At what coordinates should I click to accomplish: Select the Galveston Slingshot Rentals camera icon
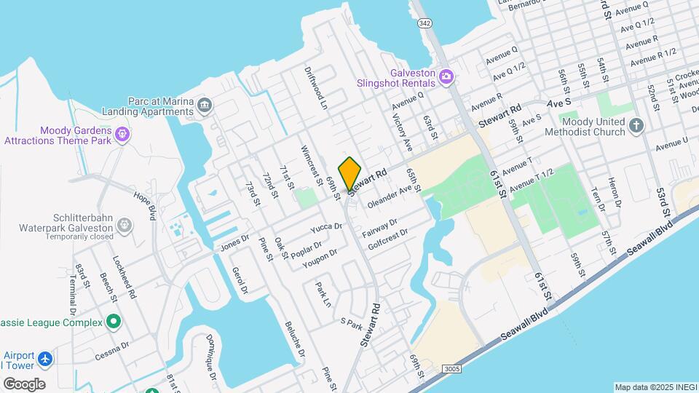pyautogui.click(x=446, y=75)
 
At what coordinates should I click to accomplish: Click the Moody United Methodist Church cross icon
pyautogui.click(x=636, y=125)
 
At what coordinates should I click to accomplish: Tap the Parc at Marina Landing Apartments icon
pyautogui.click(x=205, y=106)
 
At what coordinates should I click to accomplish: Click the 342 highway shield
pyautogui.click(x=425, y=24)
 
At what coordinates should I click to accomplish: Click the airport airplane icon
pyautogui.click(x=46, y=359)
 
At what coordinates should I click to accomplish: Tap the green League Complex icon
pyautogui.click(x=113, y=321)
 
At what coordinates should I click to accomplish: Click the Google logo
pyautogui.click(x=24, y=384)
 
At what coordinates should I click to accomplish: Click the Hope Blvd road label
pyautogui.click(x=146, y=206)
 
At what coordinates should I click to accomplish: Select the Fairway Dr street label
pyautogui.click(x=379, y=229)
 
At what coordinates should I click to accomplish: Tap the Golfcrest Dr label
pyautogui.click(x=388, y=241)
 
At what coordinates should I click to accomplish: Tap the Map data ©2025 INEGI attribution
pyautogui.click(x=655, y=387)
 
